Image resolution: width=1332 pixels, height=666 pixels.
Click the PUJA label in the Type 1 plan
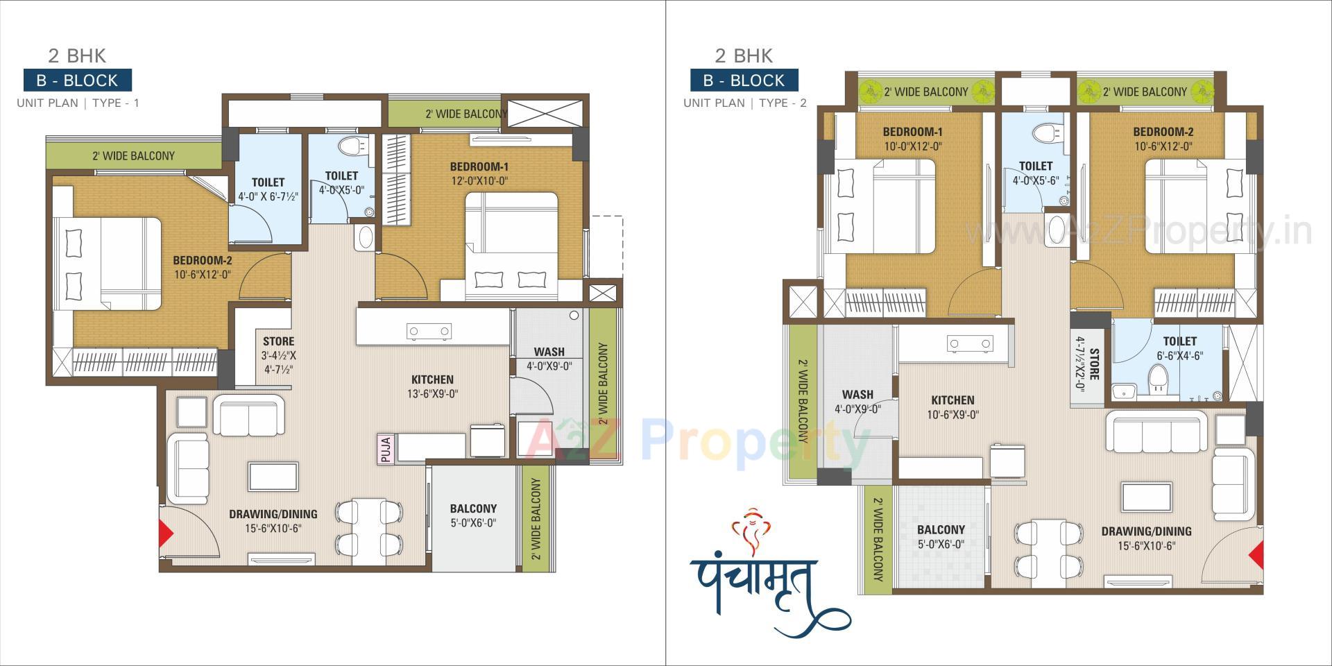point(386,448)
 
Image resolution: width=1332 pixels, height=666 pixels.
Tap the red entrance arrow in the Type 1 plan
point(166,533)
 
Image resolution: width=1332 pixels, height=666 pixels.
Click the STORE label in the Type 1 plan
point(278,341)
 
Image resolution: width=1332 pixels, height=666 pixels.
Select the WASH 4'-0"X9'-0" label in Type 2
point(857,402)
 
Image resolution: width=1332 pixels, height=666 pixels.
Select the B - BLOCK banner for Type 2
point(744,80)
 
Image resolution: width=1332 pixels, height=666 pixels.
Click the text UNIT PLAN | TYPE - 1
point(78,103)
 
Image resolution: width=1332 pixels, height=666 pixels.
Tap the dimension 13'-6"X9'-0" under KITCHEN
point(432,393)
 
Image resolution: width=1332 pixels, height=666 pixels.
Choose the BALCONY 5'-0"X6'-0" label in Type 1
point(473,515)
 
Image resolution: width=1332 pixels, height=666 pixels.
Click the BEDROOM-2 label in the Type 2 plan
point(1163,132)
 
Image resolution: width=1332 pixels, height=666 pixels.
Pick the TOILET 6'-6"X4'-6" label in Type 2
point(1179,348)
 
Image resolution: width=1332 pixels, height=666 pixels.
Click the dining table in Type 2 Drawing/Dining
point(1048,548)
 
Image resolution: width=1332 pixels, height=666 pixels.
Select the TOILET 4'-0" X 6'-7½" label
point(268,189)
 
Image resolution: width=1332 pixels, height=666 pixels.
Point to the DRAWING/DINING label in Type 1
point(273,514)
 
